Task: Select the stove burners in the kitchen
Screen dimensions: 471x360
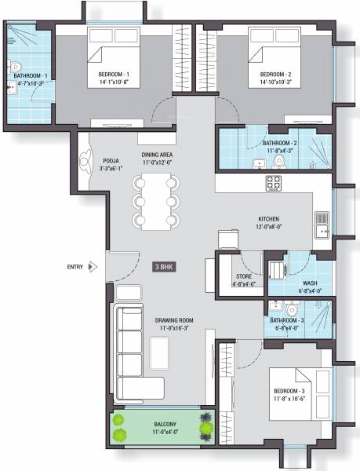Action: point(274,182)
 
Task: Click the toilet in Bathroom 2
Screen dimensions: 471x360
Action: point(278,162)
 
